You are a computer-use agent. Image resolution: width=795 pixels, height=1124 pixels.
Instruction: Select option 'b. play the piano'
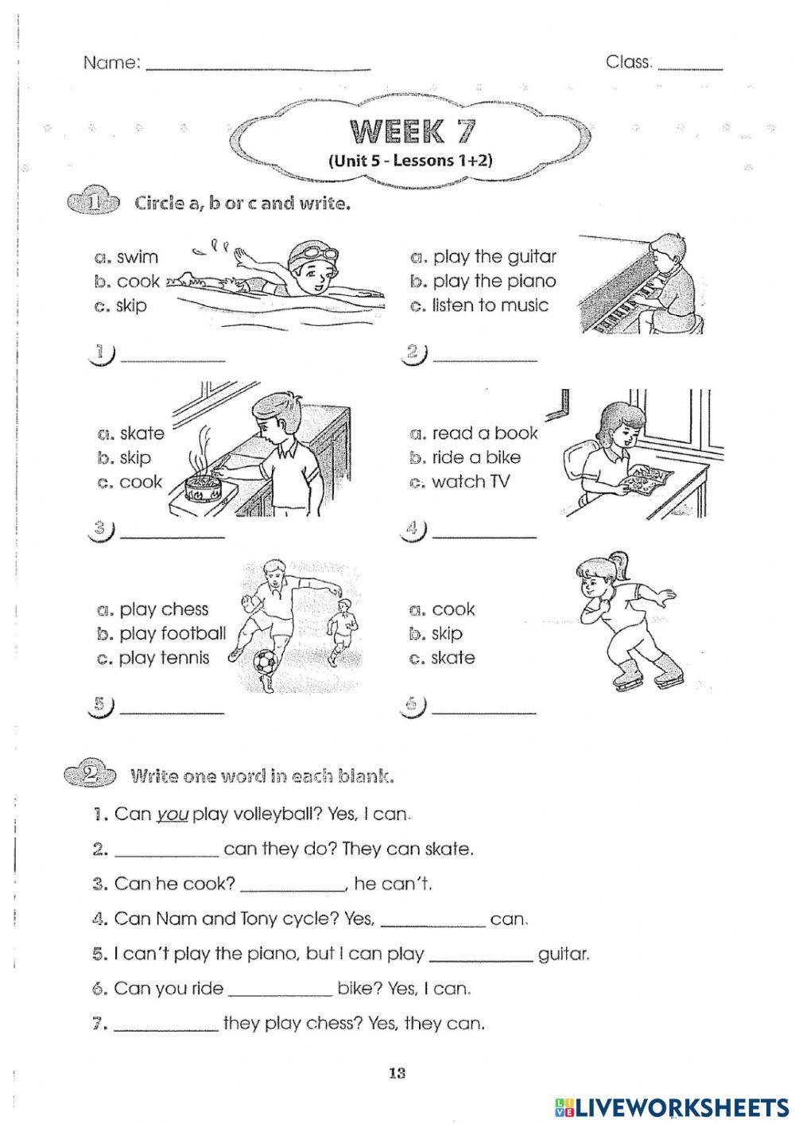(483, 281)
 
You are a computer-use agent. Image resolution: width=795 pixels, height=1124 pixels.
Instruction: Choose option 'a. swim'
(126, 257)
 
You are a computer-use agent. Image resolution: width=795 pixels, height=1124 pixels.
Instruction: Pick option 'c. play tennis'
(153, 658)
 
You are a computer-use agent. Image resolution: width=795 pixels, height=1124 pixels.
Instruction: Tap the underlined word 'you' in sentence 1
(172, 815)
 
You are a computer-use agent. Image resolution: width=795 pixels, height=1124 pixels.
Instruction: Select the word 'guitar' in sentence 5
(564, 954)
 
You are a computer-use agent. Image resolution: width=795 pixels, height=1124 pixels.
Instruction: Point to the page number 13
(397, 1074)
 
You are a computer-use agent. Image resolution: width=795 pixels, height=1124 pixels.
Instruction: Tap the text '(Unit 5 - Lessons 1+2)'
(410, 160)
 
